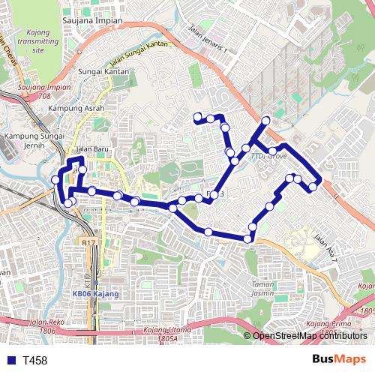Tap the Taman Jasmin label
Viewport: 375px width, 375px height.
[263, 289]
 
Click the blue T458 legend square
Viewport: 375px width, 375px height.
[9, 361]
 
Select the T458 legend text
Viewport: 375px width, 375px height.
[34, 361]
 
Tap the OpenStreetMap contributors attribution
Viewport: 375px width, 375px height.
[310, 336]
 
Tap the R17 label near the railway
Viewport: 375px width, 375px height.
[88, 243]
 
